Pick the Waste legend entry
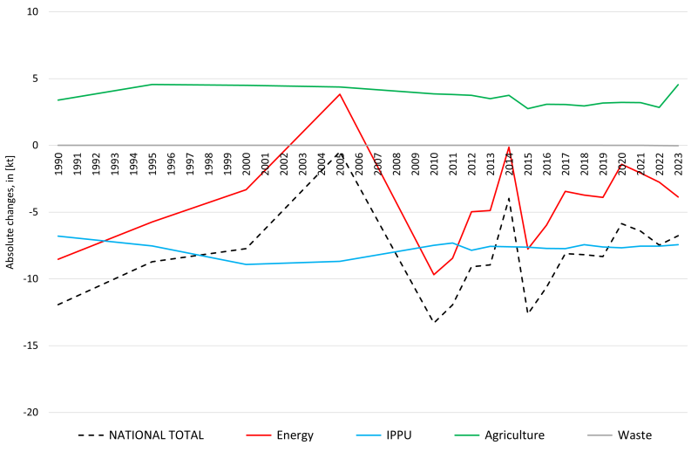pyautogui.click(x=634, y=435)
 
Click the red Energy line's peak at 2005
pyautogui.click(x=340, y=94)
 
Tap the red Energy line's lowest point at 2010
pyautogui.click(x=434, y=275)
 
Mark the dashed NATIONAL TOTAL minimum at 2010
pyautogui.click(x=434, y=323)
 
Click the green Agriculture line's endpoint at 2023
pyautogui.click(x=678, y=85)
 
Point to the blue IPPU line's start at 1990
pyautogui.click(x=58, y=236)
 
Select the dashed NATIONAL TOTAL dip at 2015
pyautogui.click(x=528, y=313)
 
